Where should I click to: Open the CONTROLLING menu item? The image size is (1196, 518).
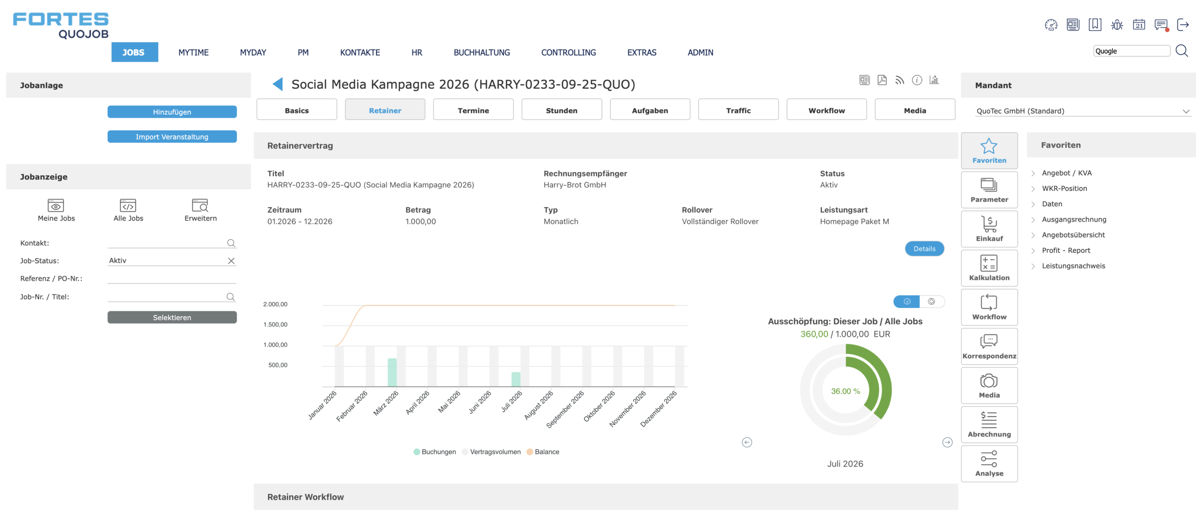568,52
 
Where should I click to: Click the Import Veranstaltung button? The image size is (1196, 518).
172,136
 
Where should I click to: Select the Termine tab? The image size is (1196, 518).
473,110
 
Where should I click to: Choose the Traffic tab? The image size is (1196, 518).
738,110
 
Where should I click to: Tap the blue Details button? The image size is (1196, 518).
924,248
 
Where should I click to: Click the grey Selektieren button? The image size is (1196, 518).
172,317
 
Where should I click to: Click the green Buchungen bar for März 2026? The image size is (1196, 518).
392,372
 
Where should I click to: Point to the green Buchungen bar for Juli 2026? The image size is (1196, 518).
516,379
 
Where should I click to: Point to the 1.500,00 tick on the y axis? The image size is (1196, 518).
275,325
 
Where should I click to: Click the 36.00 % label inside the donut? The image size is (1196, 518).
845,391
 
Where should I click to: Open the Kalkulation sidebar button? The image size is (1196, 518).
989,268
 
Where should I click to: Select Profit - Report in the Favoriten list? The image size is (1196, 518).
1066,250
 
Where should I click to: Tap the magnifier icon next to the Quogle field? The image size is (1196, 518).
1182,51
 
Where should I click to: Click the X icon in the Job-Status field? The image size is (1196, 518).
231,261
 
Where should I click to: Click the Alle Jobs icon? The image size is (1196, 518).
128,205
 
